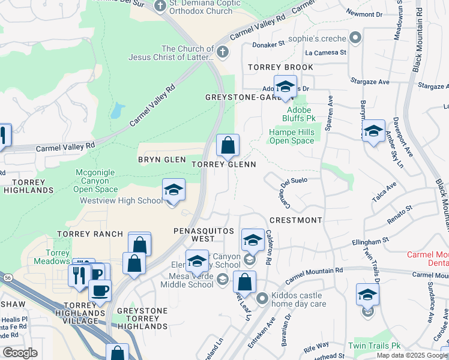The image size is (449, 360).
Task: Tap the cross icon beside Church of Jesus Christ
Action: click(223, 52)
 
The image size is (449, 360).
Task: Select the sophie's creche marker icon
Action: click(355, 38)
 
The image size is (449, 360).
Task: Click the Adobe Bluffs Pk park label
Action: click(298, 114)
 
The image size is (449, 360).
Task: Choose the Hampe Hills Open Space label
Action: click(291, 136)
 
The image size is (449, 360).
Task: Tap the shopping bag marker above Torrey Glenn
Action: click(228, 145)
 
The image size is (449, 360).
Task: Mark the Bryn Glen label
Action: click(161, 160)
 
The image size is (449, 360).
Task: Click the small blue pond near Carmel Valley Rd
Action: click(117, 110)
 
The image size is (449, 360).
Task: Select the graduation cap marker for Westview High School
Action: click(173, 190)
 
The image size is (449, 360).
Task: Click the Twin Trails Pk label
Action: click(374, 346)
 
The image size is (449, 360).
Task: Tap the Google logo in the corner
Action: click(20, 353)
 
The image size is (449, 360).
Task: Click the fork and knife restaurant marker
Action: click(78, 275)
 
